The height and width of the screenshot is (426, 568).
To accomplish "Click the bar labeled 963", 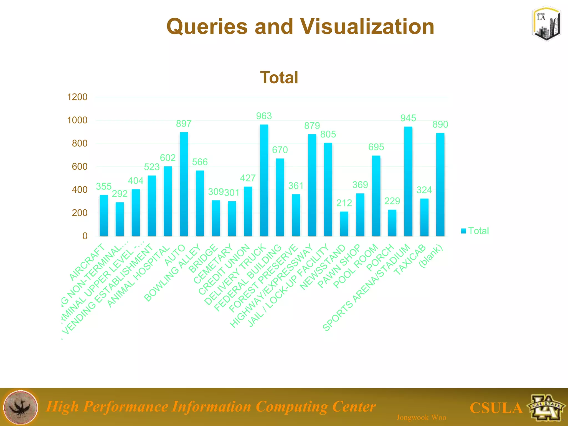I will tap(264, 180).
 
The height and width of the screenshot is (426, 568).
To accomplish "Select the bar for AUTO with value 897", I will tap(184, 184).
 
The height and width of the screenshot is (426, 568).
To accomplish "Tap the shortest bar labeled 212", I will tap(344, 224).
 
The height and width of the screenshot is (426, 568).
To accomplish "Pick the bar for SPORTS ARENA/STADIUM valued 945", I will tap(408, 181).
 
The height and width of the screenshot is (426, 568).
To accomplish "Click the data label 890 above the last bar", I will tap(440, 125).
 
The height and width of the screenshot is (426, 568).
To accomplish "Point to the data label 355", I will tap(104, 186).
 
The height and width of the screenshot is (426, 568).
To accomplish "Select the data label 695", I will tap(376, 147).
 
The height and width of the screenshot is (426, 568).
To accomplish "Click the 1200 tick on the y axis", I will tap(77, 97).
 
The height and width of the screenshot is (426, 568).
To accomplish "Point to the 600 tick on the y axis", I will tap(79, 167).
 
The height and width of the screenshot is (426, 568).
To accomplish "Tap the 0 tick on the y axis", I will tap(85, 236).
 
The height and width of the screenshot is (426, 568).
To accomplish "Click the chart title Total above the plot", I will tap(279, 77).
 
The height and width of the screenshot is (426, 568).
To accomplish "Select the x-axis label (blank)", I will tap(431, 257).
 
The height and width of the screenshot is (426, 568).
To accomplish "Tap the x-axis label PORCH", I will tap(380, 258).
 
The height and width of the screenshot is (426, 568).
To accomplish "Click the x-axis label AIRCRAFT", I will tap(87, 262).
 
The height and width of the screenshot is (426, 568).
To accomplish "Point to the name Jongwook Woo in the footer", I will tap(421, 417).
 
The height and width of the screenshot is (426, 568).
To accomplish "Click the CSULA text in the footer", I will tap(496, 408).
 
